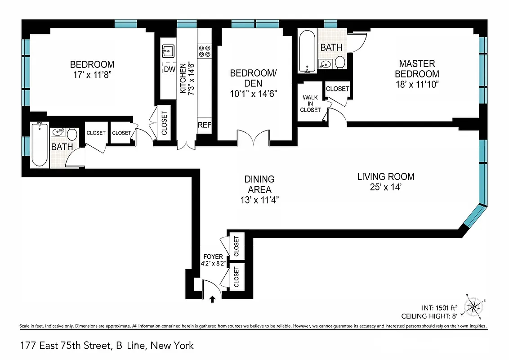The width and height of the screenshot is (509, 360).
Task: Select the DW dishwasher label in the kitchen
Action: pos(169,69)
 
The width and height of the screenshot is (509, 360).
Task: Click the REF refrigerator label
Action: pos(205,125)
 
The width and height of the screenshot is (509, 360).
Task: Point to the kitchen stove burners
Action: pos(205,51)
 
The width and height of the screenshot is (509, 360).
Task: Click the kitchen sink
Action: pos(168,50)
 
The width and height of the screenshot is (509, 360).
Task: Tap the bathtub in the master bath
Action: pos(308,52)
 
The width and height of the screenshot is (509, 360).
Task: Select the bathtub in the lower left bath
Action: pos(40,145)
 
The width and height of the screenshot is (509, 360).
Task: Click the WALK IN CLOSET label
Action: pos(312,103)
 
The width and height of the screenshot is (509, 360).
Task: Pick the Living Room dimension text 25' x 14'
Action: pos(385,187)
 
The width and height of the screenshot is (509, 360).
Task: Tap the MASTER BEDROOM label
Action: pos(417,68)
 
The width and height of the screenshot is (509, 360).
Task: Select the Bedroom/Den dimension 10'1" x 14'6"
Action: pos(253,94)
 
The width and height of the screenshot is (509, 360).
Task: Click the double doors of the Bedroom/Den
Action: pos(253,138)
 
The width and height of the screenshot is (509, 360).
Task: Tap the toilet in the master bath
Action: pos(340,63)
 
